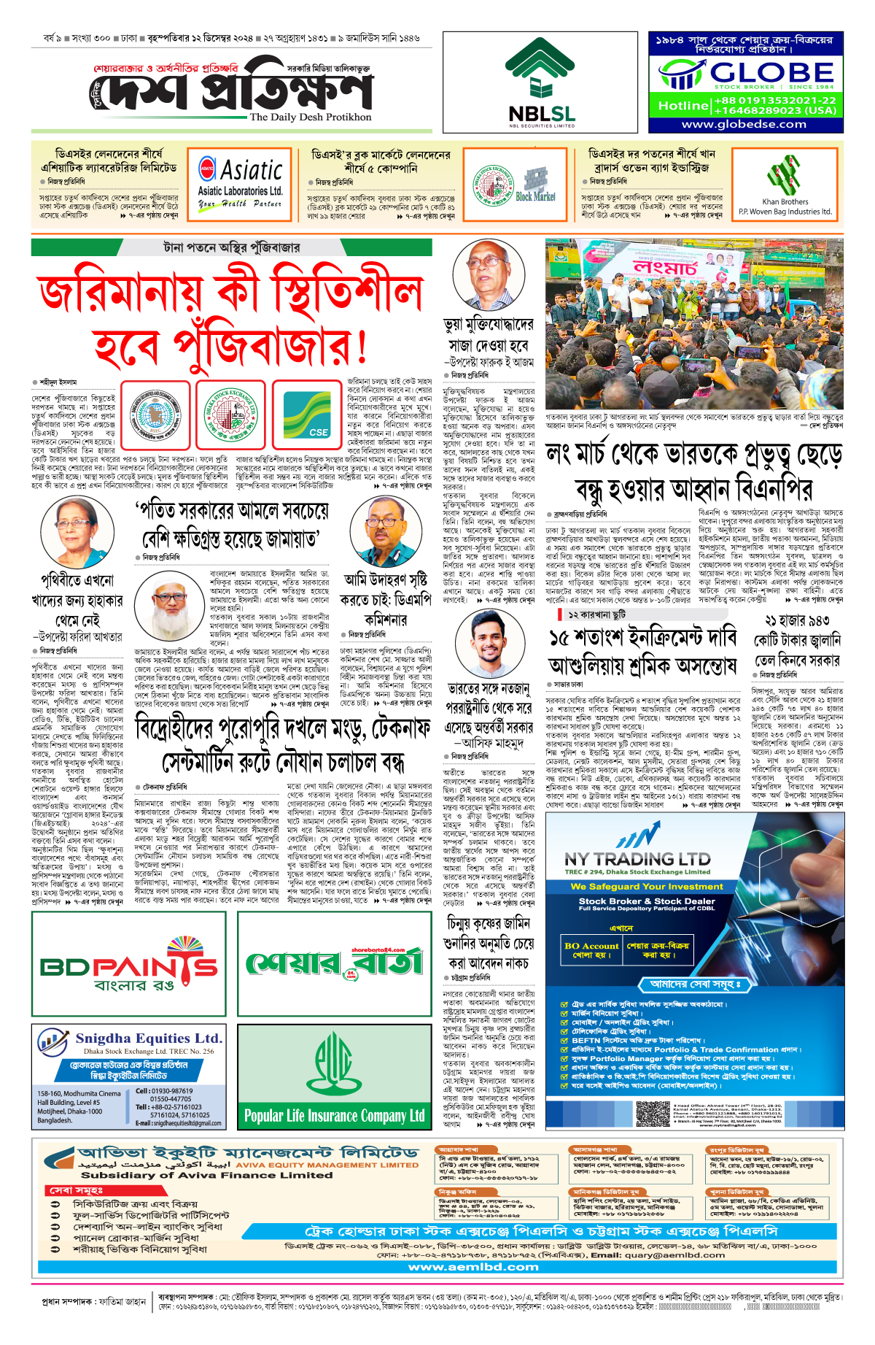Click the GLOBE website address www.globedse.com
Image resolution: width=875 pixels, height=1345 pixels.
coord(744,124)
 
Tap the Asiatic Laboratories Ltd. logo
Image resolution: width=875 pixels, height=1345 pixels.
coord(241,180)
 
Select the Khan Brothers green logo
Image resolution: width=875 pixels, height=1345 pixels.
coord(784,178)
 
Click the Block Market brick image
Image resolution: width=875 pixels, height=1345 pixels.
coord(535,182)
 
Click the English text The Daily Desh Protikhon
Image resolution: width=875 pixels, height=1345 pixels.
coord(311,117)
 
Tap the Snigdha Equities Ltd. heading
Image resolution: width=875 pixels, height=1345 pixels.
coord(148,1038)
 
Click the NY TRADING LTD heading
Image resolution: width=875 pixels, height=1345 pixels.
coord(637,859)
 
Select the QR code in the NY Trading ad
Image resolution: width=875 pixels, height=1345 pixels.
coord(653,1114)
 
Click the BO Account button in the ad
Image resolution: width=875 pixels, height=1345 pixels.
coord(591,950)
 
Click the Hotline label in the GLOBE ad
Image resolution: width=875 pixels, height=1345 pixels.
coord(683,106)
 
